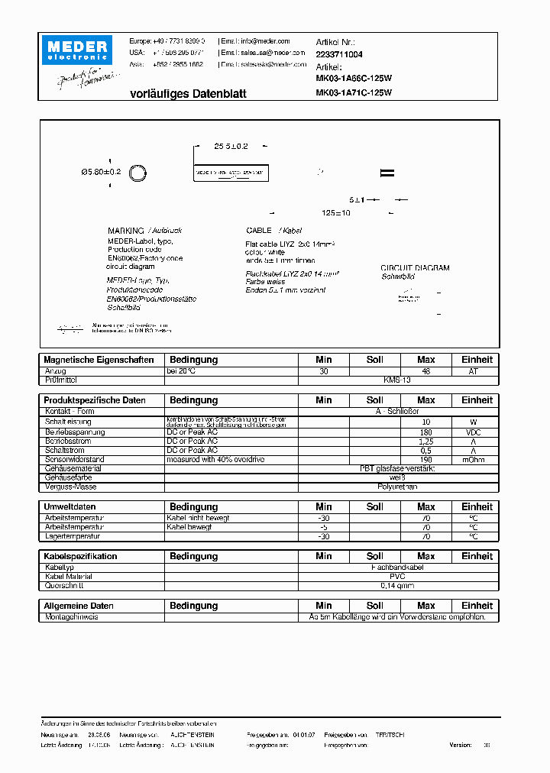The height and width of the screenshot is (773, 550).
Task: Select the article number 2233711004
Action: [339, 55]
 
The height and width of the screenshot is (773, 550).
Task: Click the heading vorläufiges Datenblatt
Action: [177, 93]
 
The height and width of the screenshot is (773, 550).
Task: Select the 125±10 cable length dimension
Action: [335, 213]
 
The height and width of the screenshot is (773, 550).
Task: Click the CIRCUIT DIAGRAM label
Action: [415, 268]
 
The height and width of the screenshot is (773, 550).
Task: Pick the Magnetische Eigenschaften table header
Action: [99, 360]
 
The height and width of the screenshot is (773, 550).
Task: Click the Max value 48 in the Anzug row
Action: [425, 370]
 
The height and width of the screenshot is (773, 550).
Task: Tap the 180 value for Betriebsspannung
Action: [425, 432]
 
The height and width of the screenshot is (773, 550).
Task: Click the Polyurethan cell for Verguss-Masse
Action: [396, 487]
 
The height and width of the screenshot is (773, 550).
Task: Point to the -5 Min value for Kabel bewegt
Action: [323, 527]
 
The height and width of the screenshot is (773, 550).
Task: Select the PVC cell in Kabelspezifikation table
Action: [396, 577]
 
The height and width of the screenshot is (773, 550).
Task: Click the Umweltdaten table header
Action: [70, 507]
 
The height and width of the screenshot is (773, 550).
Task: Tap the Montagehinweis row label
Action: [71, 616]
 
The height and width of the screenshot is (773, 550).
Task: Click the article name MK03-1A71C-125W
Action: [354, 93]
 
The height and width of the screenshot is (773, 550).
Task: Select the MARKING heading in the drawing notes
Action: [125, 230]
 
